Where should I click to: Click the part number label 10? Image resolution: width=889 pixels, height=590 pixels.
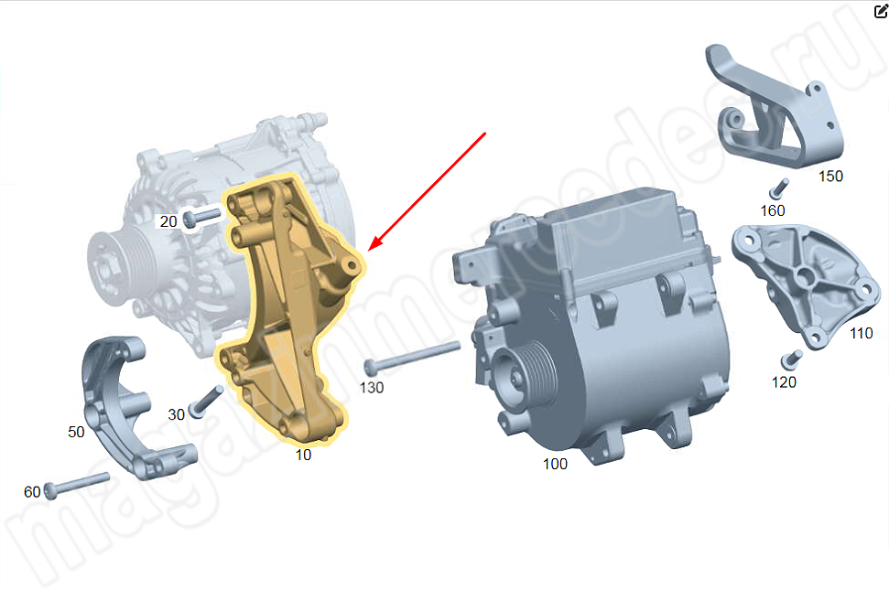click(303, 455)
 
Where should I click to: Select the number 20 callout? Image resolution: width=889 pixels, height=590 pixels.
click(168, 221)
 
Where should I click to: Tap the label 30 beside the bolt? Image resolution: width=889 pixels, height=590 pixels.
click(177, 414)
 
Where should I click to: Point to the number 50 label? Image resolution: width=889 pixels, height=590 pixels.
click(76, 432)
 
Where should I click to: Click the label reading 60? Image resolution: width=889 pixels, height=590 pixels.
click(32, 491)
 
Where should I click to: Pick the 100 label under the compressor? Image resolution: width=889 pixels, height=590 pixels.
click(555, 464)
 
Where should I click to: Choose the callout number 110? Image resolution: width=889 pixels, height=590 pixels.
click(862, 333)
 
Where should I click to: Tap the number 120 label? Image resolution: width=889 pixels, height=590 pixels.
click(784, 382)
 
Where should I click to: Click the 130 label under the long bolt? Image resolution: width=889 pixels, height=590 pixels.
click(372, 387)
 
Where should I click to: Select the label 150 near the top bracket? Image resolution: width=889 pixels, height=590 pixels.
click(831, 177)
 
